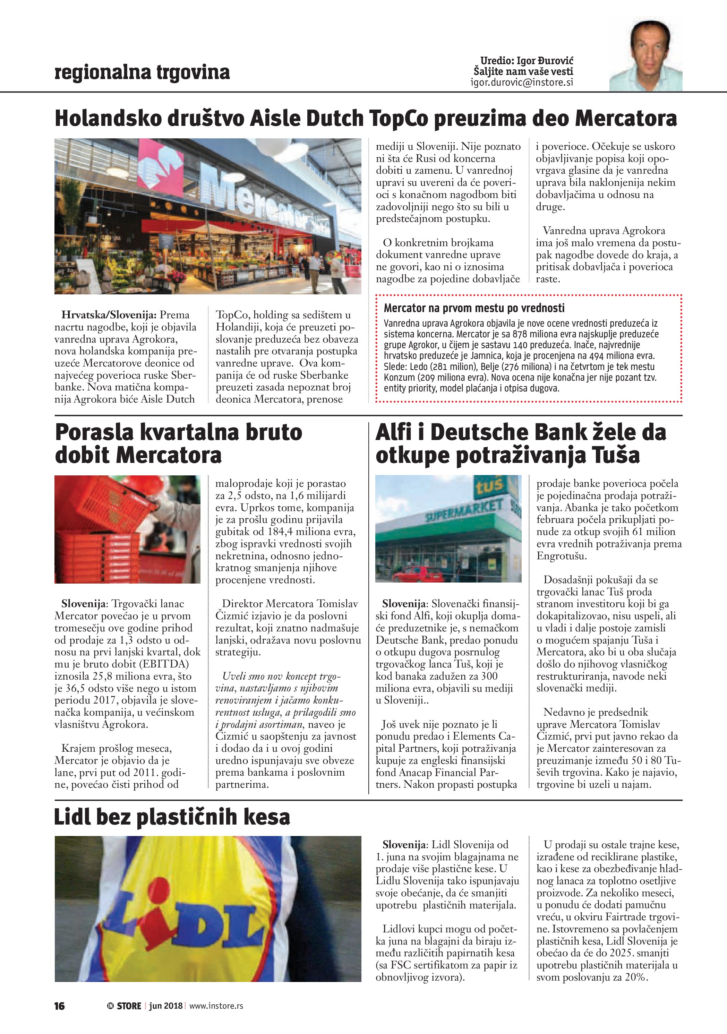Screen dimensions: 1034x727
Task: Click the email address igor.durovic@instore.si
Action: [522, 83]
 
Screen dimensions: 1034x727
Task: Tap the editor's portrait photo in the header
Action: [645, 56]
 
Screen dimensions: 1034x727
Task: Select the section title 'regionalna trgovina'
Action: [142, 72]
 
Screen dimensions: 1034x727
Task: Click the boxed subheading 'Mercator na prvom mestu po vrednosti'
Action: [474, 308]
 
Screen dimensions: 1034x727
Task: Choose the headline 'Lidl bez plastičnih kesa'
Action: [172, 817]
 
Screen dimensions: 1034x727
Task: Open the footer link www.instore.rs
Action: [216, 1006]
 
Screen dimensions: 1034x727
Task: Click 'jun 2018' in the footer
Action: [166, 1006]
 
